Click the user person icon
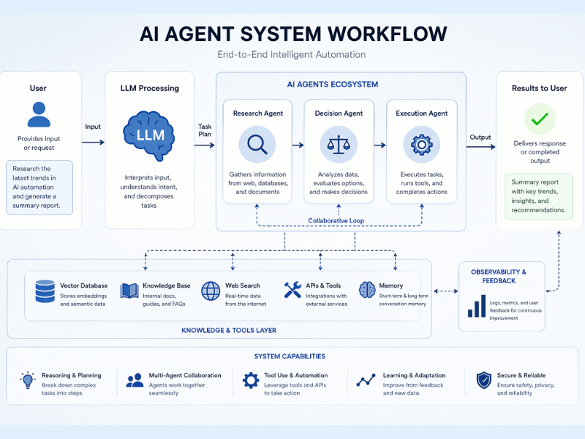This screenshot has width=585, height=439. click(x=38, y=116)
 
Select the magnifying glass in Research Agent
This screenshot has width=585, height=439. click(x=257, y=144)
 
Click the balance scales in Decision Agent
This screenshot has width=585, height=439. click(x=339, y=144)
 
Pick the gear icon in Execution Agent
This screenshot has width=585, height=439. click(x=421, y=144)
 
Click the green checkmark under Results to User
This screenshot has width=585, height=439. click(x=540, y=119)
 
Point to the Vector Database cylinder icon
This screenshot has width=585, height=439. click(x=45, y=291)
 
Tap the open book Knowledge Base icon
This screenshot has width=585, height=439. click(x=129, y=291)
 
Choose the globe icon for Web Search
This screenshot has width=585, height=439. click(x=211, y=291)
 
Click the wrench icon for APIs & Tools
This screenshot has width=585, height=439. click(x=292, y=290)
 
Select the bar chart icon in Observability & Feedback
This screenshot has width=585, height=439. click(x=477, y=307)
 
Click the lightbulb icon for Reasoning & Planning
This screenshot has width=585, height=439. click(x=28, y=380)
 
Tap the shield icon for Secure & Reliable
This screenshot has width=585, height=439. click(x=483, y=380)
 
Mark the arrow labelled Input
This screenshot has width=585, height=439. click(x=93, y=143)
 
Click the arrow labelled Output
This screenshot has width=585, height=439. click(x=480, y=147)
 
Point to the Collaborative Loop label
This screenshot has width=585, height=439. click(x=336, y=220)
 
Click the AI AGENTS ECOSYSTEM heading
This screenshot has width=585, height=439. click(x=332, y=84)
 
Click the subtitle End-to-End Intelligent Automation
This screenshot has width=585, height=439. click(x=292, y=55)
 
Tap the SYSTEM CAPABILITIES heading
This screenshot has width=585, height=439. click(x=290, y=356)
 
